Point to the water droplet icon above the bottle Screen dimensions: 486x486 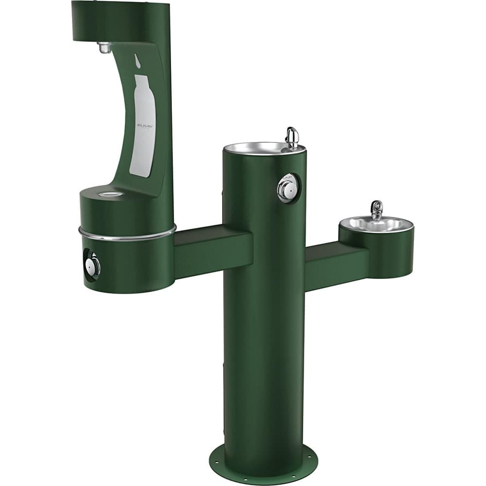click(x=138, y=61)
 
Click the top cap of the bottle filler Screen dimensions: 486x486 click(x=121, y=19)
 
